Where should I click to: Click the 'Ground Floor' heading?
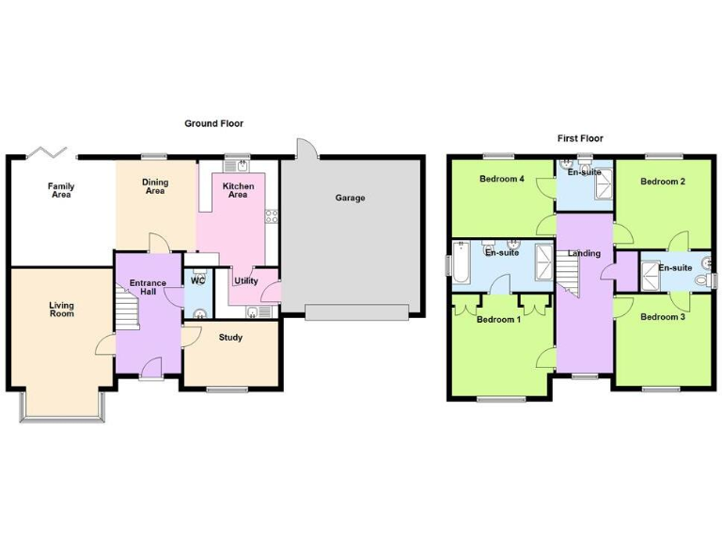point(213,123)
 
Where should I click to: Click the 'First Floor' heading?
point(580,138)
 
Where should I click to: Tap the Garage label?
point(350,198)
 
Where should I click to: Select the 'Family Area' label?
point(61,191)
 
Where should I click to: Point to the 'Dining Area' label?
point(155,186)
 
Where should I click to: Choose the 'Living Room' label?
point(61,310)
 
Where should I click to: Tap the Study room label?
point(230,337)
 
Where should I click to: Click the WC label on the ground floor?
point(197,280)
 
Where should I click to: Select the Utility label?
point(246,280)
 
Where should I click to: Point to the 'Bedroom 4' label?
point(501,179)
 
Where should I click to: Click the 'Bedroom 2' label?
point(662,181)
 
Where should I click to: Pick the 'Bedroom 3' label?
point(662,317)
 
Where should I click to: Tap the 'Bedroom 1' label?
point(498,319)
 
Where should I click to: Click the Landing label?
point(583,253)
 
